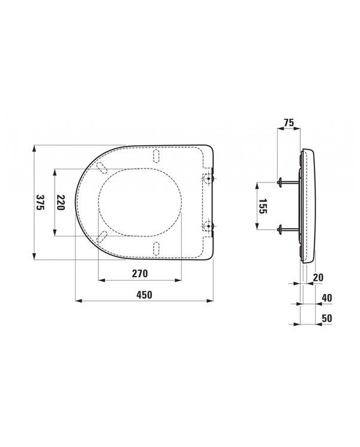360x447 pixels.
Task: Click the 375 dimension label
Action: coord(40,202)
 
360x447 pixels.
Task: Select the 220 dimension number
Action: coord(61,202)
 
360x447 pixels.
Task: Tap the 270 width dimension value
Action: coord(140,274)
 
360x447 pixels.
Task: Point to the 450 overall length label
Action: coord(144,295)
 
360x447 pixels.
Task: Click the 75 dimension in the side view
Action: coord(289,122)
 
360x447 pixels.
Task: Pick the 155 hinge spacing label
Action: coord(263,206)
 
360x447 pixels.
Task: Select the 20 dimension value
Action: coord(318,277)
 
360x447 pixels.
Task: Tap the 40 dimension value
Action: coord(327,298)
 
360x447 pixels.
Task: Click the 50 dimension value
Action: coord(327,318)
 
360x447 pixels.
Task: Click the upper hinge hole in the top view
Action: coord(208,179)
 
